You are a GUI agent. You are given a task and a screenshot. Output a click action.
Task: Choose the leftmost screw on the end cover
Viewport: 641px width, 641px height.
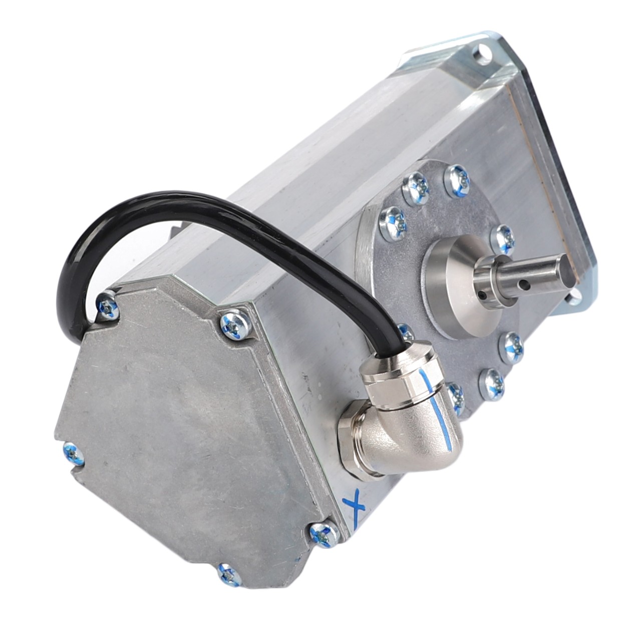(x=72, y=452)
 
